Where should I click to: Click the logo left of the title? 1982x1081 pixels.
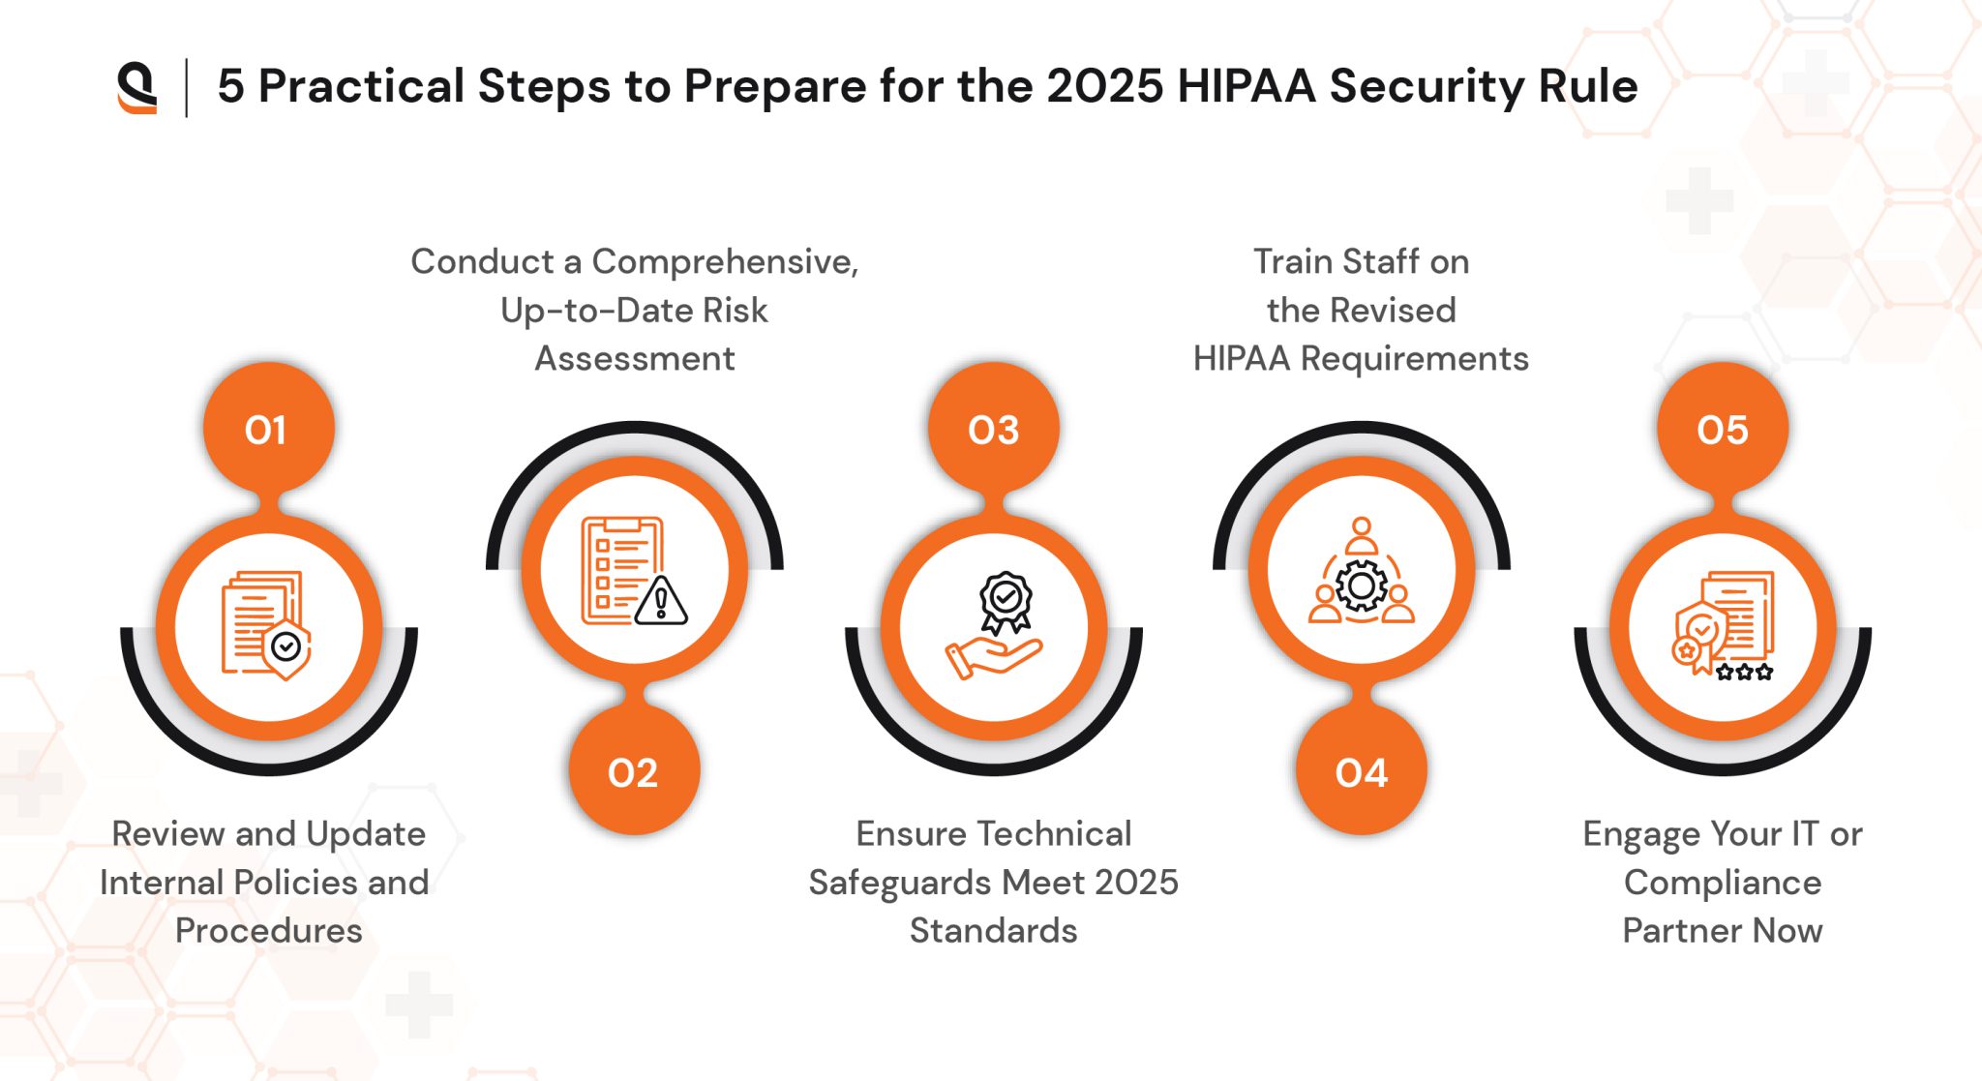click(x=137, y=87)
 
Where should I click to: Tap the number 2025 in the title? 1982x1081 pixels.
click(x=1104, y=86)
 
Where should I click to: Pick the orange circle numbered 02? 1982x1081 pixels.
click(x=634, y=771)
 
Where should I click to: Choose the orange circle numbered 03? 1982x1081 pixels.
click(x=994, y=429)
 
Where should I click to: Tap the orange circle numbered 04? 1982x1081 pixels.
click(x=1362, y=771)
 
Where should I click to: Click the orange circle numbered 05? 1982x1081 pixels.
click(x=1723, y=429)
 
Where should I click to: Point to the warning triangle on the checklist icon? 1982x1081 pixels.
click(x=662, y=601)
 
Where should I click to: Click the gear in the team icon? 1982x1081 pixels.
click(x=1362, y=586)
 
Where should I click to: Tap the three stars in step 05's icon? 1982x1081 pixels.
click(x=1745, y=671)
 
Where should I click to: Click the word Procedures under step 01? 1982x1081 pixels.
click(x=269, y=930)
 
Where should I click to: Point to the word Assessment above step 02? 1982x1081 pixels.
click(x=635, y=358)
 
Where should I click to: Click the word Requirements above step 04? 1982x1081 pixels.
click(x=1414, y=358)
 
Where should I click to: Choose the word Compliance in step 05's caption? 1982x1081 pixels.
click(x=1723, y=882)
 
